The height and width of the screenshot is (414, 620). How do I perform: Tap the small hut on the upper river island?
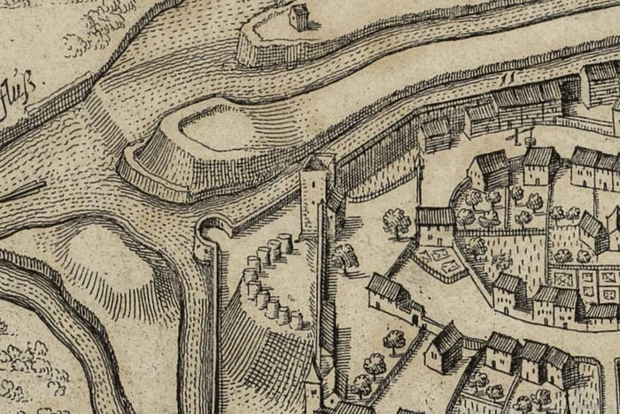299,16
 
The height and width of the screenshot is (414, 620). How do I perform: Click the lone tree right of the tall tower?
344,257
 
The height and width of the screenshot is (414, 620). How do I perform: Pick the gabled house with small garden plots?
435,226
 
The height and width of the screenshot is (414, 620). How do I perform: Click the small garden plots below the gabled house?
441,260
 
